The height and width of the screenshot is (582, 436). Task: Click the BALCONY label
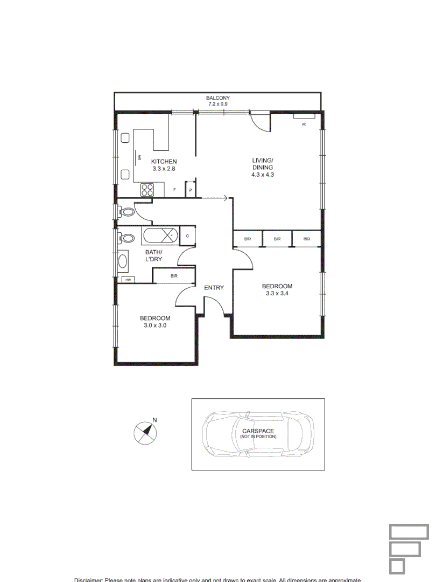point(217,98)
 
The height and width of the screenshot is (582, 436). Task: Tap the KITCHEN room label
point(164,162)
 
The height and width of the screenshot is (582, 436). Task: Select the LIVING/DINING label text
point(263,164)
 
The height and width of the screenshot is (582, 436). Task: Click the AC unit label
point(304,124)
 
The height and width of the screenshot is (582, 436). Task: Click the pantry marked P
point(190,190)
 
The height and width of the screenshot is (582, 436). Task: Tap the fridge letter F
point(174,190)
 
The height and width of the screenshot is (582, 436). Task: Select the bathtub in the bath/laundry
point(159,235)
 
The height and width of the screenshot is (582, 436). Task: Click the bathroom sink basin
point(123,262)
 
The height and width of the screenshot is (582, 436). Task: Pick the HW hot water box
point(128,280)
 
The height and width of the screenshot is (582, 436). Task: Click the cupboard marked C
point(187,235)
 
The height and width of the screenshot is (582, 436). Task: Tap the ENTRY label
point(214,288)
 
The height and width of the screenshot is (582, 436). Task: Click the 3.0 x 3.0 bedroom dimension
point(156,325)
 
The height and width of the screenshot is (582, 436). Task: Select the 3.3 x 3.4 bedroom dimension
point(277,294)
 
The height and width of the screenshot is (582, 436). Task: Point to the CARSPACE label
point(258,431)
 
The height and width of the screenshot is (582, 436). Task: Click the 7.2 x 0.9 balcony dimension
point(217,104)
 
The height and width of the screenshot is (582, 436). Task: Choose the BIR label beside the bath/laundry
point(174,276)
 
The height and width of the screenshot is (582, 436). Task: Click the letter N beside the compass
point(154,420)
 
